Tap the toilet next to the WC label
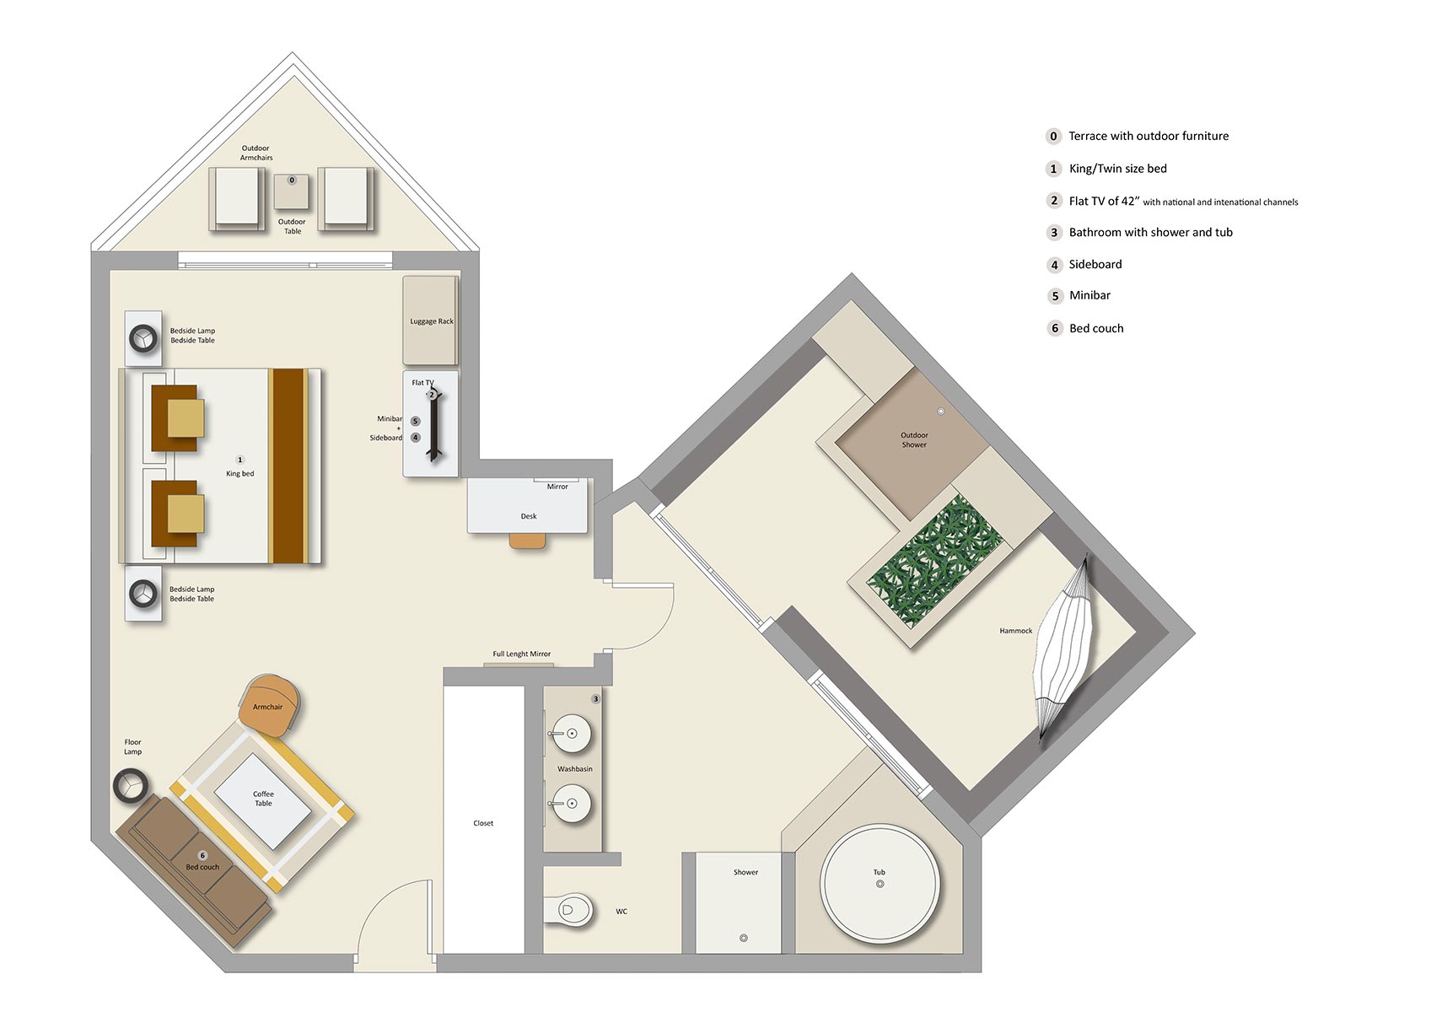pyautogui.click(x=569, y=911)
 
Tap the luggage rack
pyautogui.click(x=431, y=320)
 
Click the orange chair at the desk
pyautogui.click(x=529, y=541)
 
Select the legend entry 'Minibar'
pyautogui.click(x=1089, y=296)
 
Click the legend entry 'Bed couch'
pyautogui.click(x=1096, y=329)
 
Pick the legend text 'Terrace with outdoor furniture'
pyautogui.click(x=1149, y=137)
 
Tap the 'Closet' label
pyautogui.click(x=483, y=823)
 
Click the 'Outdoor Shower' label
pyautogui.click(x=914, y=440)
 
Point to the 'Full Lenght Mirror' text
pyautogui.click(x=522, y=654)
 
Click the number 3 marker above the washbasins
pyautogui.click(x=595, y=699)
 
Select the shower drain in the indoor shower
pyautogui.click(x=743, y=938)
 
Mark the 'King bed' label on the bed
pyautogui.click(x=240, y=474)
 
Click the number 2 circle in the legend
pyautogui.click(x=1053, y=201)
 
